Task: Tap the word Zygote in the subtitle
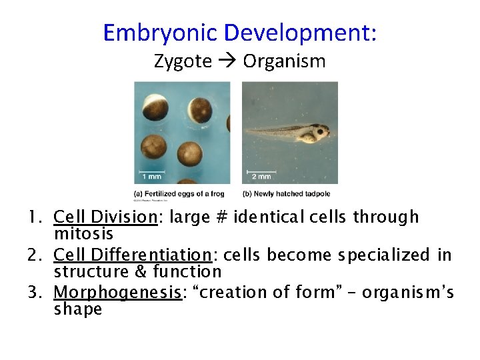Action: tap(183, 61)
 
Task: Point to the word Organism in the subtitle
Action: tap(284, 62)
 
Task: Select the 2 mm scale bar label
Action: tap(260, 177)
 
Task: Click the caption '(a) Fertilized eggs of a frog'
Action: tap(179, 194)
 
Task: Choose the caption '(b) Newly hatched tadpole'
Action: tap(287, 194)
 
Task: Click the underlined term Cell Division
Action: tap(105, 217)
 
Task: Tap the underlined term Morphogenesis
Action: tap(117, 293)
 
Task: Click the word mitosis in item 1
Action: tap(83, 234)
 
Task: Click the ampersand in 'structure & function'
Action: tap(137, 271)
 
